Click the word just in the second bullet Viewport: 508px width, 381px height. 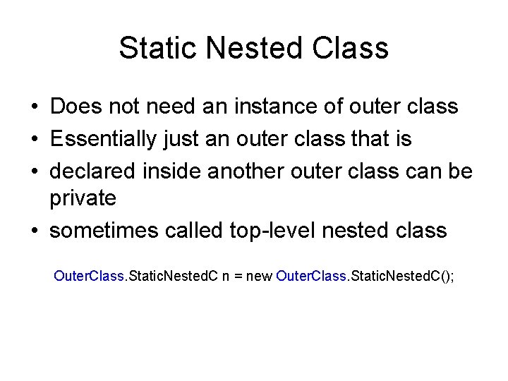(x=181, y=139)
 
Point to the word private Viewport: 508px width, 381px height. (x=83, y=200)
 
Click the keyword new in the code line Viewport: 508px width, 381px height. (x=259, y=275)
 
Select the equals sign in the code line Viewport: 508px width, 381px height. (x=238, y=276)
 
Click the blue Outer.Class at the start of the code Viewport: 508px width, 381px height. (x=89, y=275)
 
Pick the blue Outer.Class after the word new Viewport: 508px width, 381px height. (x=311, y=275)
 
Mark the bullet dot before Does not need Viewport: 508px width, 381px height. (x=34, y=108)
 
